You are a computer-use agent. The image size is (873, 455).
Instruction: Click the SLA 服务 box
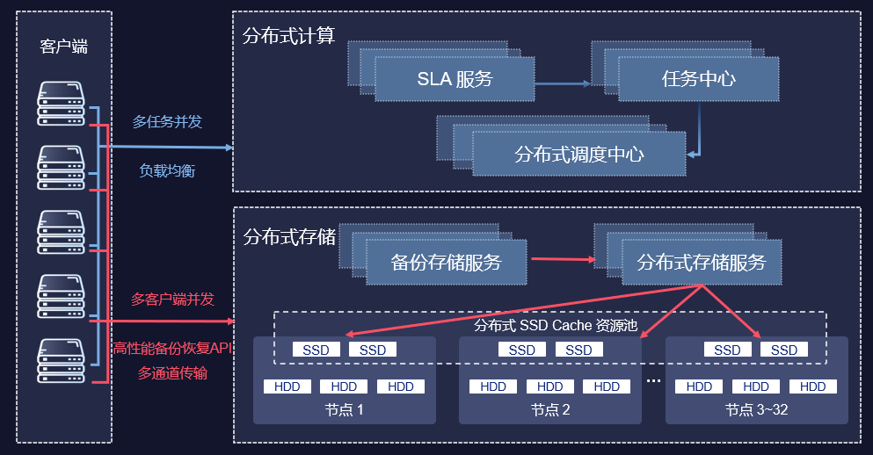point(455,79)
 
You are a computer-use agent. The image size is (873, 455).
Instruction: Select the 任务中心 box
point(698,79)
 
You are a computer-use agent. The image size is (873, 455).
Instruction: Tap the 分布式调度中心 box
point(578,154)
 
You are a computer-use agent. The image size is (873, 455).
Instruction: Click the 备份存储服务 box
point(446,262)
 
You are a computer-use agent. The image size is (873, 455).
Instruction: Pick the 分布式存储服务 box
point(701,262)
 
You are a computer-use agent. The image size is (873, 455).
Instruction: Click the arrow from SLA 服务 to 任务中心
point(562,84)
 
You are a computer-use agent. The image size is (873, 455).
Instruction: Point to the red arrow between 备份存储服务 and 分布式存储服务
point(562,259)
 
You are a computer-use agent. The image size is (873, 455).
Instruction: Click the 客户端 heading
point(64,47)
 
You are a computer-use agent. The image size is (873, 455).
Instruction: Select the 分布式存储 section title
point(288,236)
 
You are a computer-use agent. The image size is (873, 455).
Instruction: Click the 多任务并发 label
point(167,121)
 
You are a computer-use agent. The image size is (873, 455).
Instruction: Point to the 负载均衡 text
point(167,170)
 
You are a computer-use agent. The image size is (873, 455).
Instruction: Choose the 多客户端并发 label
point(172,299)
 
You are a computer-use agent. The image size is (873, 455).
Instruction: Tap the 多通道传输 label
point(172,373)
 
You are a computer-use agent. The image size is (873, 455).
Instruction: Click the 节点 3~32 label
point(756,409)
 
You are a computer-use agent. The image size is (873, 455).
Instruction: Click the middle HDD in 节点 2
point(549,386)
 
